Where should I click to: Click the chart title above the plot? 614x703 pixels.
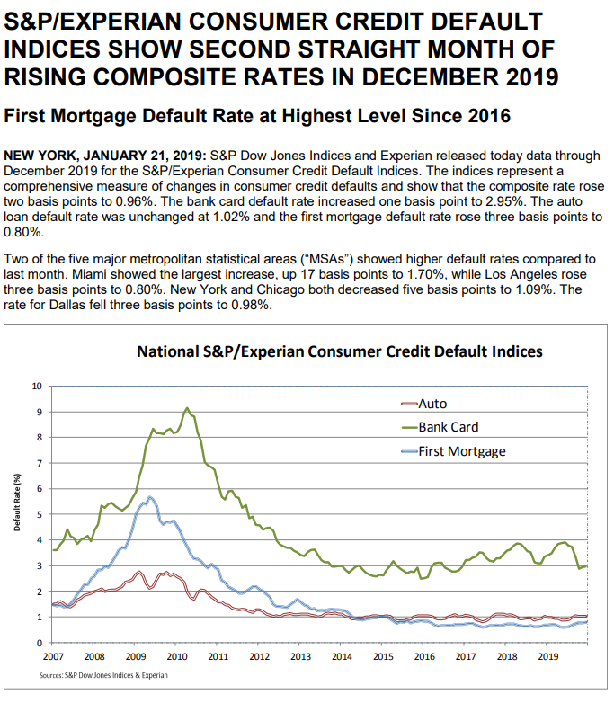tap(340, 351)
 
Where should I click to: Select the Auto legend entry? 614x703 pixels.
tap(424, 404)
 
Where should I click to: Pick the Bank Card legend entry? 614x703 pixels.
tap(440, 427)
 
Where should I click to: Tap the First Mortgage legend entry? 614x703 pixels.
tap(453, 451)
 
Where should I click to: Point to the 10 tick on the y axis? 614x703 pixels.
tap(37, 386)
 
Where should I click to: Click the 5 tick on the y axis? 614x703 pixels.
tap(39, 514)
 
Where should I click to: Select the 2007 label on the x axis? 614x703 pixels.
tap(53, 656)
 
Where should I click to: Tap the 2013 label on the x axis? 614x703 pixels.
tap(300, 656)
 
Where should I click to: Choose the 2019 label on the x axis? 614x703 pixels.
tap(548, 656)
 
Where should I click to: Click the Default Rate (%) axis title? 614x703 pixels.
tap(17, 503)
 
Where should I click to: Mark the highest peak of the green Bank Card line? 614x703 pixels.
tap(187, 408)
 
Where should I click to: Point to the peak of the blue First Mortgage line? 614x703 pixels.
tap(150, 497)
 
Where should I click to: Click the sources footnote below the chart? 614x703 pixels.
tap(103, 675)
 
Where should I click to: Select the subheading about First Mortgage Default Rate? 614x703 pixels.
tap(257, 116)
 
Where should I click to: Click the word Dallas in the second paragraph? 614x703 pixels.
tap(67, 305)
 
